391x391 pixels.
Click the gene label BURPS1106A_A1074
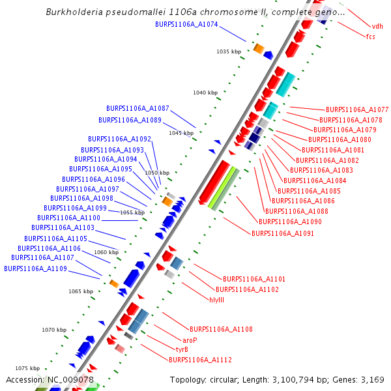[186, 24]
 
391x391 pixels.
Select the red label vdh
[377, 27]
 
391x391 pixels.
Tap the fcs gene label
[371, 36]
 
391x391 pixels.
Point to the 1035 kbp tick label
[229, 51]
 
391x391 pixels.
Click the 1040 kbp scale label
[205, 93]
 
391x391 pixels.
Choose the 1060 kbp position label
[106, 252]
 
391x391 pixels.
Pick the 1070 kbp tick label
[55, 330]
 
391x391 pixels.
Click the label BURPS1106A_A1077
[357, 109]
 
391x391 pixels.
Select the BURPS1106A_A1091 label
[283, 233]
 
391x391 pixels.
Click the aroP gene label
[190, 340]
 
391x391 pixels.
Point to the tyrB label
[182, 349]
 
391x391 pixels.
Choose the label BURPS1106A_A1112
[200, 360]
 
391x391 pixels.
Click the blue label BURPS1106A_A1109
[35, 268]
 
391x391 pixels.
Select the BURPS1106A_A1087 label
[138, 108]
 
